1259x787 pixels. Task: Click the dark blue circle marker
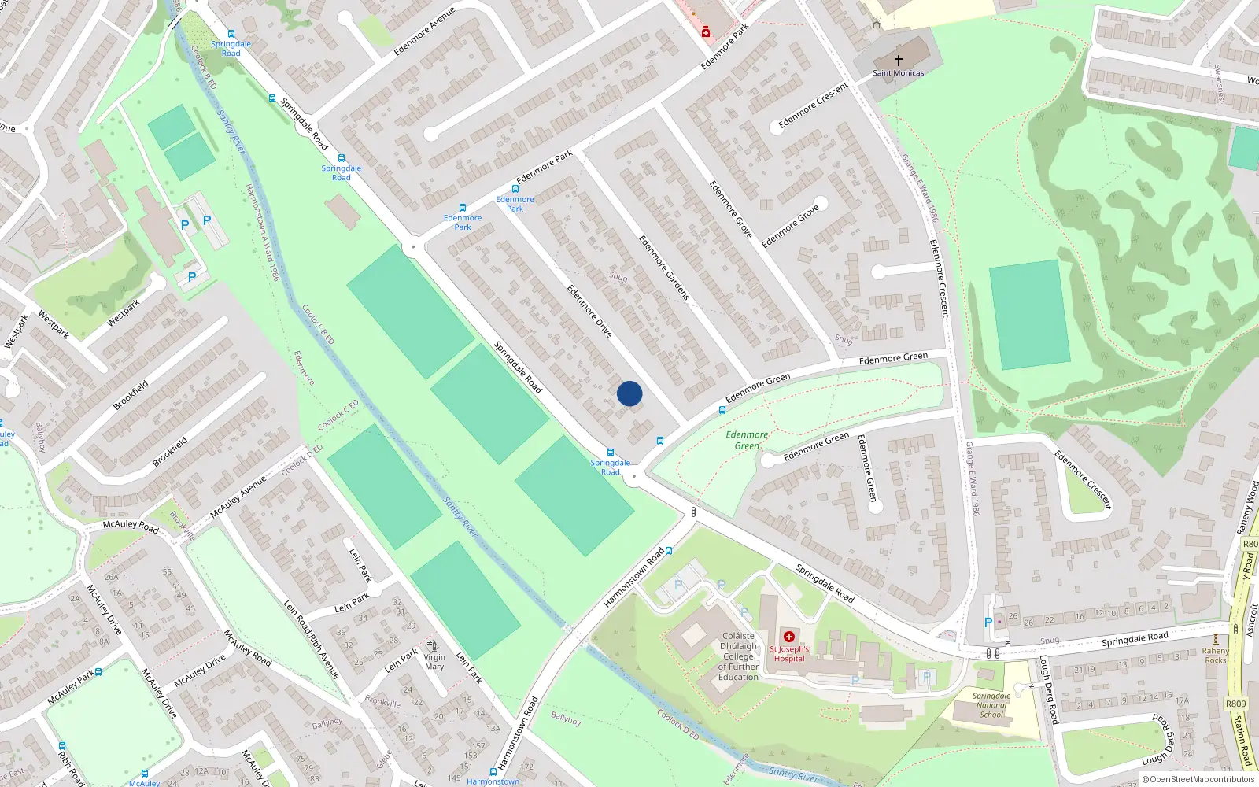click(x=629, y=393)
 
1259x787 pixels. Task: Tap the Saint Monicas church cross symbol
click(x=898, y=60)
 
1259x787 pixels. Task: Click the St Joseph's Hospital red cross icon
click(x=789, y=637)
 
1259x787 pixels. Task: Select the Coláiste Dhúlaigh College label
click(x=738, y=656)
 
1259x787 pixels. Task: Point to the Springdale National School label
click(x=991, y=705)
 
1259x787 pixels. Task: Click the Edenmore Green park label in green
click(x=747, y=440)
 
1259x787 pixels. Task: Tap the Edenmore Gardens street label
click(x=663, y=268)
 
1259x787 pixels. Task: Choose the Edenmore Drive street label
click(x=589, y=311)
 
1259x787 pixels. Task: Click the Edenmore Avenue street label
click(x=424, y=32)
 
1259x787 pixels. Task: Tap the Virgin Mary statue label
click(x=434, y=662)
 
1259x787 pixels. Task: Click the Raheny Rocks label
click(x=1215, y=656)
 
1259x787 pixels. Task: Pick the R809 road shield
click(x=1235, y=704)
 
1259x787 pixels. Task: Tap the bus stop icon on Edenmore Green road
click(x=722, y=410)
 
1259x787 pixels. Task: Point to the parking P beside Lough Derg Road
click(x=988, y=623)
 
